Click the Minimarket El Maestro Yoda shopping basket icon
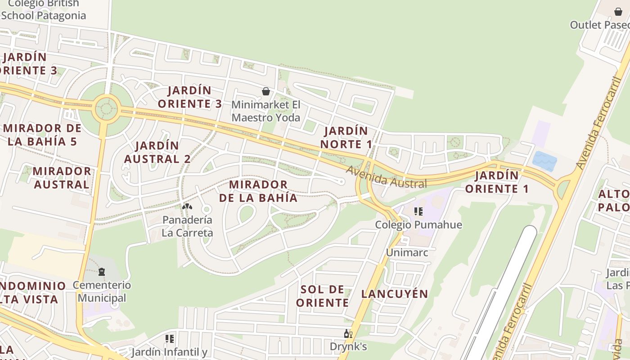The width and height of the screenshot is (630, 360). coord(266,92)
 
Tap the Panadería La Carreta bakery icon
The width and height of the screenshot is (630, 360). coord(187,207)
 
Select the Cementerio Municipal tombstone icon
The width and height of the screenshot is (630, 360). coord(102,272)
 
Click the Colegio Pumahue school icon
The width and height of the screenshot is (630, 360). coord(418,211)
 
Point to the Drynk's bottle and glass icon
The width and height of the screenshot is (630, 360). coord(348,333)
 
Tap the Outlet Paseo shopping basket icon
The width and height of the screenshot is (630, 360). coord(618,12)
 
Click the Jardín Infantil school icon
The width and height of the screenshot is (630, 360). coord(170,339)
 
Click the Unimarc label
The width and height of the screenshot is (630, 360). coord(407,252)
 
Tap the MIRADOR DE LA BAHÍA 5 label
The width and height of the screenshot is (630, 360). coord(42,135)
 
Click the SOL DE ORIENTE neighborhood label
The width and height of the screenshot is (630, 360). coord(322,296)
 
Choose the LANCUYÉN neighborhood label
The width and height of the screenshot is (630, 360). coord(395,294)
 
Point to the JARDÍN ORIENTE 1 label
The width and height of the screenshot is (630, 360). coord(497,182)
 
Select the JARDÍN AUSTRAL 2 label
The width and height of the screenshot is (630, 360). coord(157,152)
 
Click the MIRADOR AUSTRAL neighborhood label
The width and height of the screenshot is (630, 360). coord(61,178)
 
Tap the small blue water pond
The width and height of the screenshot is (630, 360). coord(544,160)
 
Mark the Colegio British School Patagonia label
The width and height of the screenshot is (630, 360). coord(43,9)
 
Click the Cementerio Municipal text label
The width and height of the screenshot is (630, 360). coord(102,292)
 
